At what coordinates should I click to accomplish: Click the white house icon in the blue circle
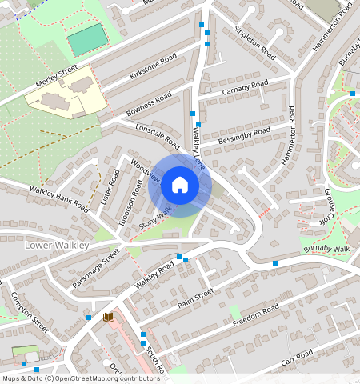point(180,186)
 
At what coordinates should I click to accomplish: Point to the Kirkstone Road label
point(152,67)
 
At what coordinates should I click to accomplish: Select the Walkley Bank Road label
point(58,196)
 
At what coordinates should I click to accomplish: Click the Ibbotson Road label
point(129,204)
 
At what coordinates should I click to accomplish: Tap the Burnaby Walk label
point(326,250)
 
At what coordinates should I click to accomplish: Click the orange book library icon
point(109,318)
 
